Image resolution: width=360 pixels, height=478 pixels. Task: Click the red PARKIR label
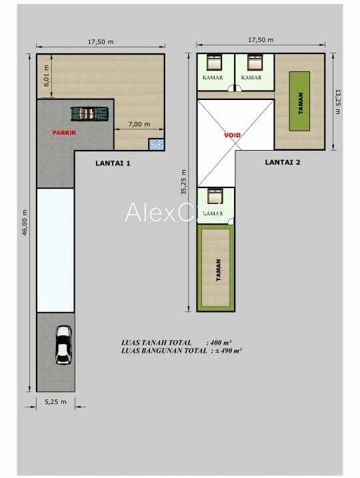pyautogui.click(x=65, y=133)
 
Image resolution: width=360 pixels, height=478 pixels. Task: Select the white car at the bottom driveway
pyautogui.click(x=63, y=344)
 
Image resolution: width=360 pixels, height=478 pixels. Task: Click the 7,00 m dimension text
pyautogui.click(x=139, y=125)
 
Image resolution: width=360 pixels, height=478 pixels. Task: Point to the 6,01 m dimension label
pyautogui.click(x=46, y=76)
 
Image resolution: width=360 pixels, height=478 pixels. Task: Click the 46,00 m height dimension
pyautogui.click(x=25, y=223)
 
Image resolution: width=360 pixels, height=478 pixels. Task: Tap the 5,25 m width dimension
pyautogui.click(x=55, y=402)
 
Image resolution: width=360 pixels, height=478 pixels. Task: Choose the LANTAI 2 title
pyautogui.click(x=283, y=161)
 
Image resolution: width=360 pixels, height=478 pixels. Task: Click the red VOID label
pyautogui.click(x=233, y=135)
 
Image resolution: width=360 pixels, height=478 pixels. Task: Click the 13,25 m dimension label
pyautogui.click(x=337, y=102)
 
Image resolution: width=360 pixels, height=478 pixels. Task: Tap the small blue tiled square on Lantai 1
pyautogui.click(x=157, y=144)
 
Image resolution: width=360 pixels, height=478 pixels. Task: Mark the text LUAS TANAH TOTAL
pyautogui.click(x=156, y=342)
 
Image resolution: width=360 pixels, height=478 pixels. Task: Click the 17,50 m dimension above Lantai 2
pyautogui.click(x=261, y=40)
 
